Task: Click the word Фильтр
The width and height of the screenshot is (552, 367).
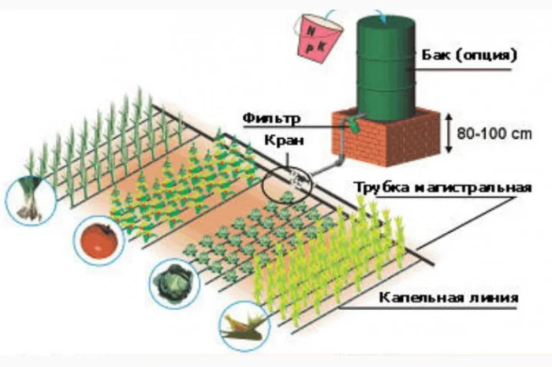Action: pos(267,121)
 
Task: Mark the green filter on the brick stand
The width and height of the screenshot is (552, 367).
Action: pos(356,124)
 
